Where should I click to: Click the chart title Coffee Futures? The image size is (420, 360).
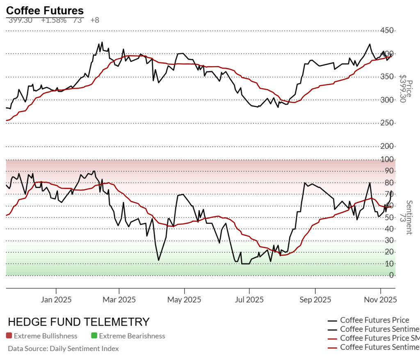(x=45, y=10)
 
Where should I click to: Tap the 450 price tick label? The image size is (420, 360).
(x=387, y=31)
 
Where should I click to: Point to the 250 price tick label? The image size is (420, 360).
(x=387, y=123)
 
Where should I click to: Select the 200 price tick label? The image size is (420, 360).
(x=387, y=146)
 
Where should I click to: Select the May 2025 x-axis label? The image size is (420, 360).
(x=184, y=300)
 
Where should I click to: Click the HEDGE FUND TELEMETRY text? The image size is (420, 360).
(x=79, y=322)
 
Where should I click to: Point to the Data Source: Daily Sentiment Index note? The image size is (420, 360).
(x=63, y=349)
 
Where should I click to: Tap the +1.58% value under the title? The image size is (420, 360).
(x=53, y=20)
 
